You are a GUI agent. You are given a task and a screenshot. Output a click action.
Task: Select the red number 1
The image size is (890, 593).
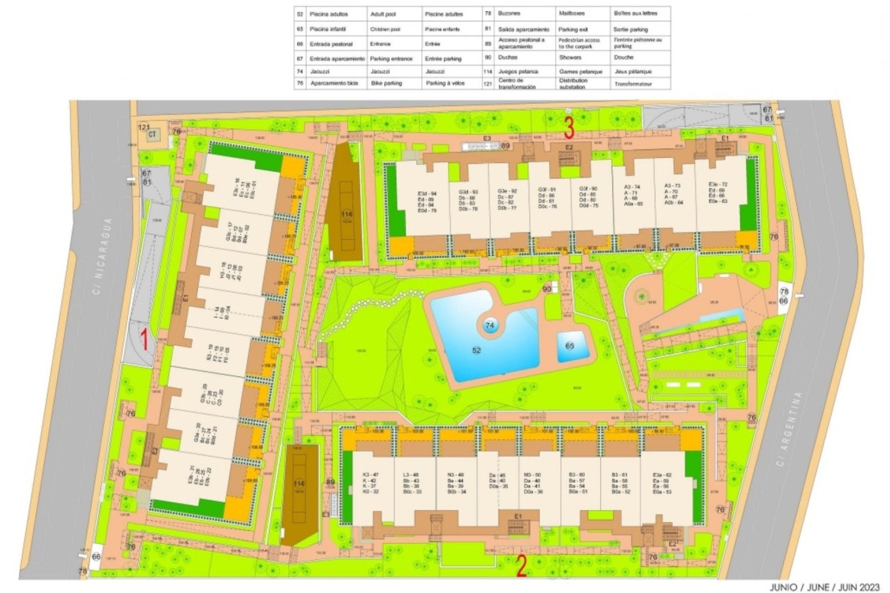pos(144,339)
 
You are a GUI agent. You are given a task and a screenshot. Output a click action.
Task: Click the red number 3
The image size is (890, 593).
pos(570,127)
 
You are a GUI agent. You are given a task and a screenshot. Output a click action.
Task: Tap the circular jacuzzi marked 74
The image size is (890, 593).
pos(490,326)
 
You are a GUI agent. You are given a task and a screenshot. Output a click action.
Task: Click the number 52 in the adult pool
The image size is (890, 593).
pos(477,350)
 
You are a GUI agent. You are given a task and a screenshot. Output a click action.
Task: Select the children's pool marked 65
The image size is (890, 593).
pos(569,346)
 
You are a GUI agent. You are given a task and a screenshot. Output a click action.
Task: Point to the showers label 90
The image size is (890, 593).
pos(547,289)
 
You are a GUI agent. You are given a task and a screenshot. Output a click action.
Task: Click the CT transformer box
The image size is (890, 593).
pos(152,135)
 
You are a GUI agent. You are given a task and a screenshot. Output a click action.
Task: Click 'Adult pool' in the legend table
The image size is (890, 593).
pos(383,14)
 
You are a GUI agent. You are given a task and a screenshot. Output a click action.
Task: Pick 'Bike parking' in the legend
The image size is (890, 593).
pos(387,83)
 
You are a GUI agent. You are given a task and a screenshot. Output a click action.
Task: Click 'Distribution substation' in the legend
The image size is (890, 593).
pos(573,83)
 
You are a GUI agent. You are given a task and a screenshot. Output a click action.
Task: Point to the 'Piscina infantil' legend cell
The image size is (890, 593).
pos(328,29)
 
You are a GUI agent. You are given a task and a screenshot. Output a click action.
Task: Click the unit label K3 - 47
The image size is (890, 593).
pos(370,475)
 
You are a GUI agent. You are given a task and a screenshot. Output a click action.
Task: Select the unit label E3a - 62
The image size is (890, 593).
pos(662,475)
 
